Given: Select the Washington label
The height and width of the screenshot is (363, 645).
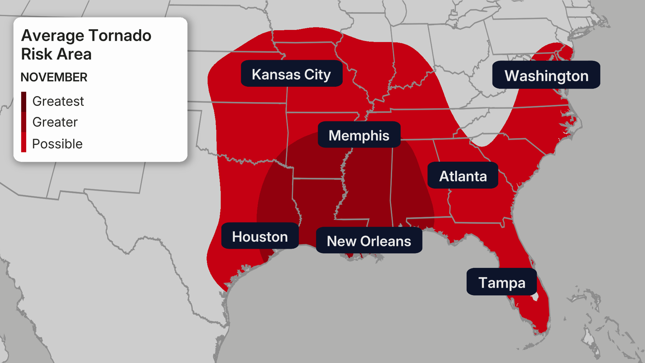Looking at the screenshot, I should pyautogui.click(x=546, y=75).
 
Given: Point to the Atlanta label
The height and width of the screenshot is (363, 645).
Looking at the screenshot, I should pyautogui.click(x=463, y=176).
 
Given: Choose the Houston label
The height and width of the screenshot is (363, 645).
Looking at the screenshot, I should pyautogui.click(x=260, y=236).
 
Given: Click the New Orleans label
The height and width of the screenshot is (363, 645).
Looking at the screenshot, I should pyautogui.click(x=369, y=241).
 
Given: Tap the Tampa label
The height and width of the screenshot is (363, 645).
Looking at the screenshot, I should pyautogui.click(x=502, y=282).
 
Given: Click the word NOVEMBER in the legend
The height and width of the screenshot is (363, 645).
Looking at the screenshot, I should pyautogui.click(x=54, y=77).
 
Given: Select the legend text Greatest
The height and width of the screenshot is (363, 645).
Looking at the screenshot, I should pyautogui.click(x=58, y=101).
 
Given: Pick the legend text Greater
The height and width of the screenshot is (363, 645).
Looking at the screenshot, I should pyautogui.click(x=55, y=122).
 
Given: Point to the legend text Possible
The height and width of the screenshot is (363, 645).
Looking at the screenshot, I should pyautogui.click(x=57, y=144).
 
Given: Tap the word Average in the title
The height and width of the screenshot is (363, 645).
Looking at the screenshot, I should pyautogui.click(x=52, y=35).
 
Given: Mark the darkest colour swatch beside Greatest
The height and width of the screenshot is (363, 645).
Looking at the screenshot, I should pyautogui.click(x=24, y=101).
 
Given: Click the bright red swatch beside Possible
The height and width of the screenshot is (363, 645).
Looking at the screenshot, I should pyautogui.click(x=24, y=142).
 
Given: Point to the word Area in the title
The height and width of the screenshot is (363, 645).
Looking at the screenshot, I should pyautogui.click(x=74, y=54).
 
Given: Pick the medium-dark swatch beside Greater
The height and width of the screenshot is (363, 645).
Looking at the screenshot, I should pyautogui.click(x=24, y=122).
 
